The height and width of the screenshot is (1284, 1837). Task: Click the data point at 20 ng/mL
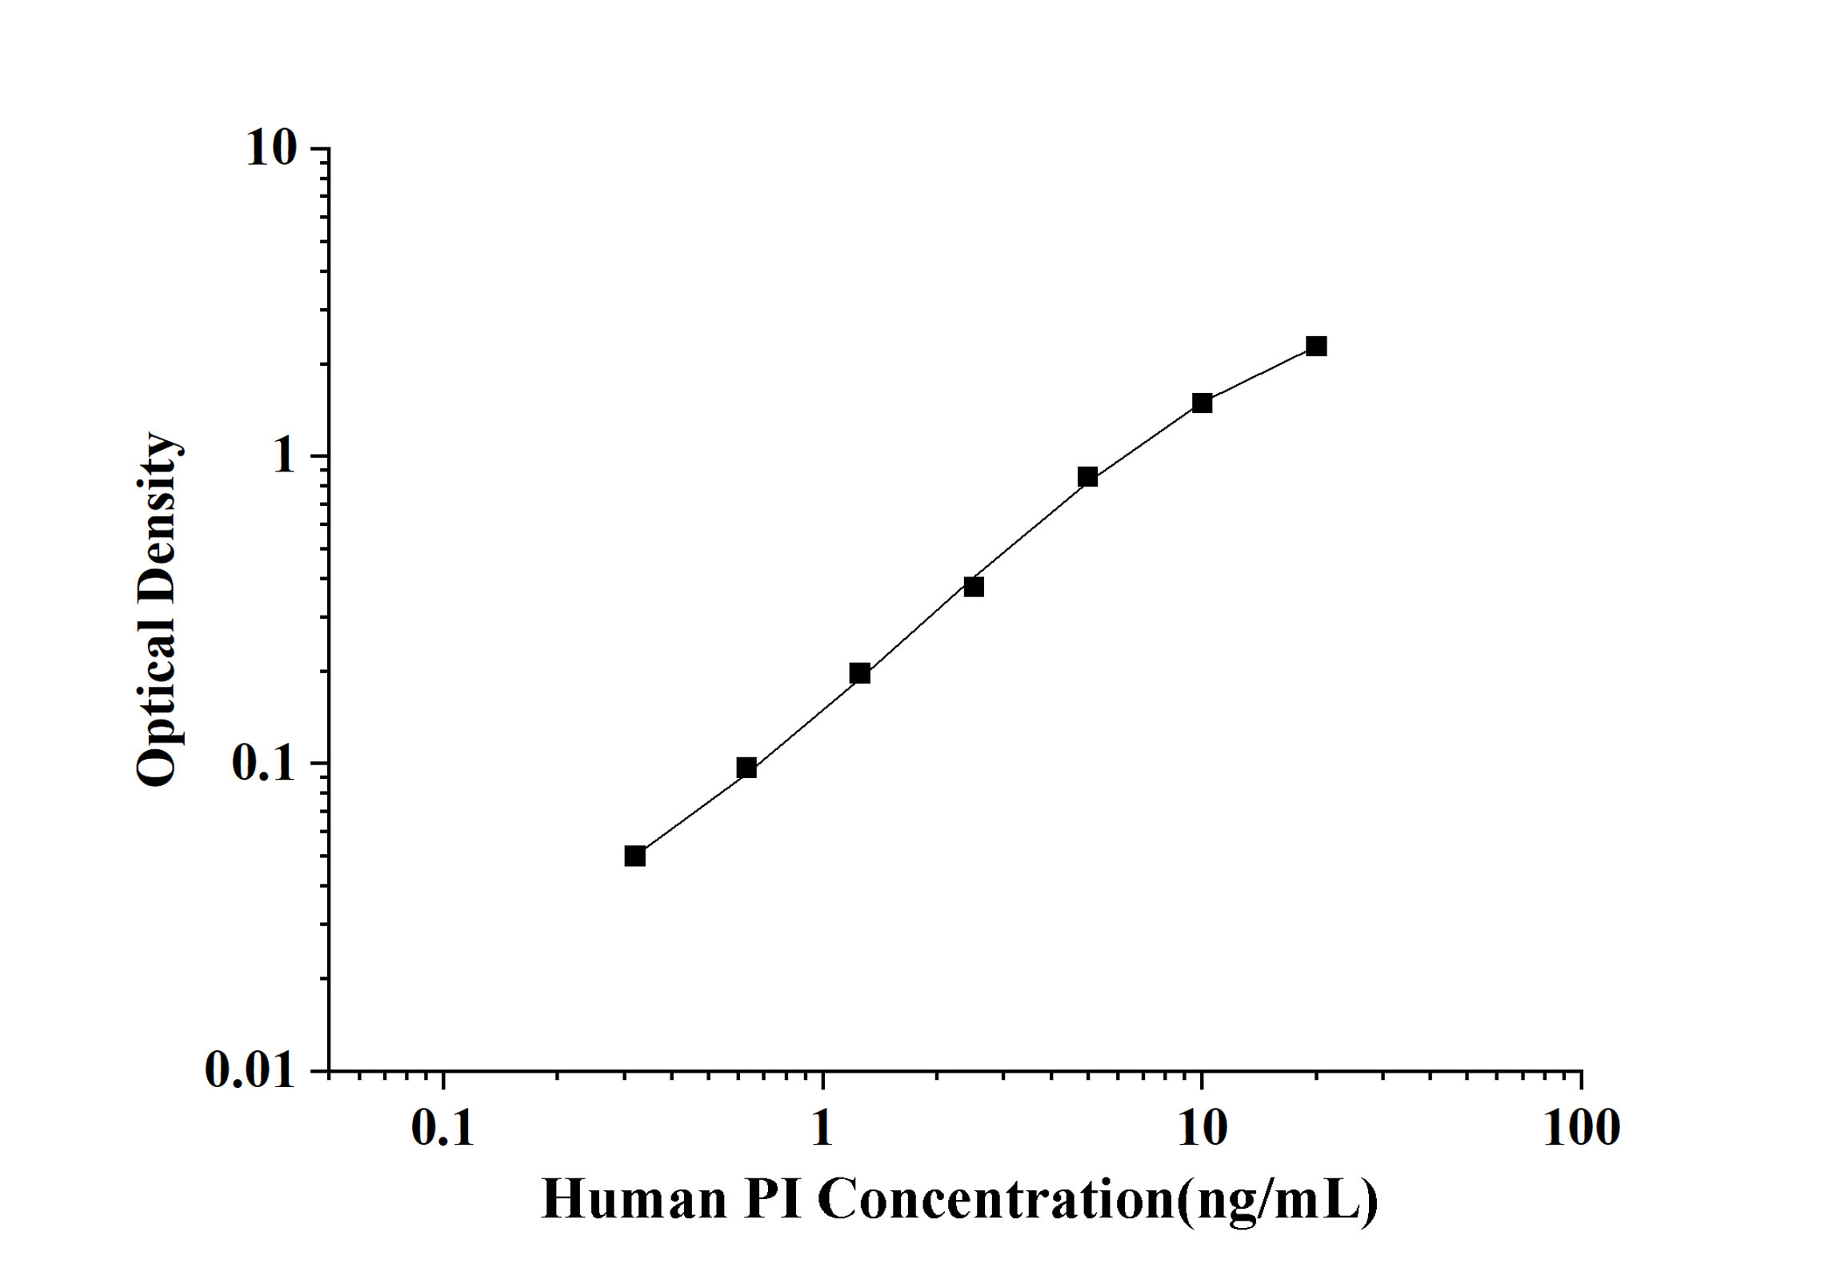point(1316,347)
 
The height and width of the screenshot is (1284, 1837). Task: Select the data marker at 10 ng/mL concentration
point(1202,403)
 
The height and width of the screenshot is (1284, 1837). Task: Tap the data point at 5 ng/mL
point(1087,477)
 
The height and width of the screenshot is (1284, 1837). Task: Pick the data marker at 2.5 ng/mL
point(974,587)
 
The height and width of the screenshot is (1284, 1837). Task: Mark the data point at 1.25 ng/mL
point(860,673)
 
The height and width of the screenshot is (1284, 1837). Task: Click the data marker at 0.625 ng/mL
point(746,768)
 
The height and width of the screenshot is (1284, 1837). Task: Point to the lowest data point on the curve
point(635,857)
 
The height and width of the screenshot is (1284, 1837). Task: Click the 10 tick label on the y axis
point(270,149)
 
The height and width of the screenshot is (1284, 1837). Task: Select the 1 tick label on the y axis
point(283,456)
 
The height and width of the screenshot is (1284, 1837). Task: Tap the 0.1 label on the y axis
point(262,764)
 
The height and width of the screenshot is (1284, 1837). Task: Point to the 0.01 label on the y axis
point(250,1069)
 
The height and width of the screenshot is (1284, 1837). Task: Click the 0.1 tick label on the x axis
point(442,1129)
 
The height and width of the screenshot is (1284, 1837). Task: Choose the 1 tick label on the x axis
point(822,1129)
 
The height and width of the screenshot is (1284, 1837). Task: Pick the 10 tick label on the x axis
point(1202,1129)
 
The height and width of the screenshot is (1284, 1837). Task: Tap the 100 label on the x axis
point(1581,1129)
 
